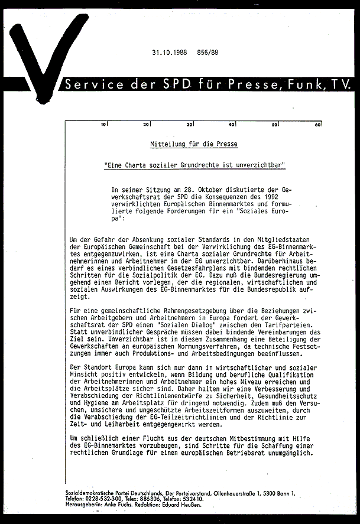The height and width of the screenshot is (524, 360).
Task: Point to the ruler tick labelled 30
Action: (190, 125)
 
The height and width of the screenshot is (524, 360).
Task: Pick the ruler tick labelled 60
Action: (317, 125)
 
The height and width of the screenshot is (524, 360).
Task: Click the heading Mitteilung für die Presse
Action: (194, 144)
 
